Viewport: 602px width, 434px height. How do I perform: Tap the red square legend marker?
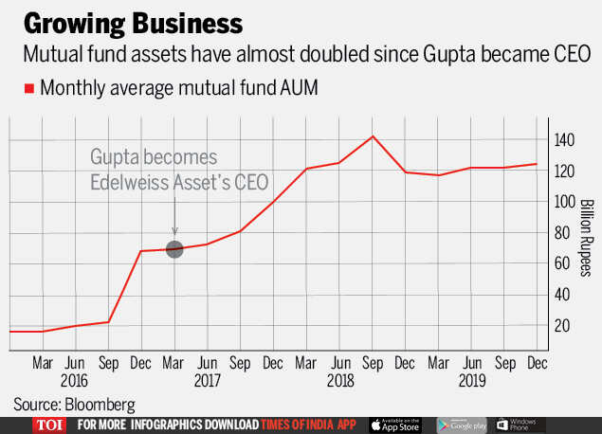(30, 88)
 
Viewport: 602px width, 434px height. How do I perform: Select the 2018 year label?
(338, 381)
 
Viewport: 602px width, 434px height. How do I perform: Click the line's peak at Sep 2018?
(373, 136)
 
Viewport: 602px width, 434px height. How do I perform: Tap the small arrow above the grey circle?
(174, 229)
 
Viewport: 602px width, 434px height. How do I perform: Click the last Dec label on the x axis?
(538, 363)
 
